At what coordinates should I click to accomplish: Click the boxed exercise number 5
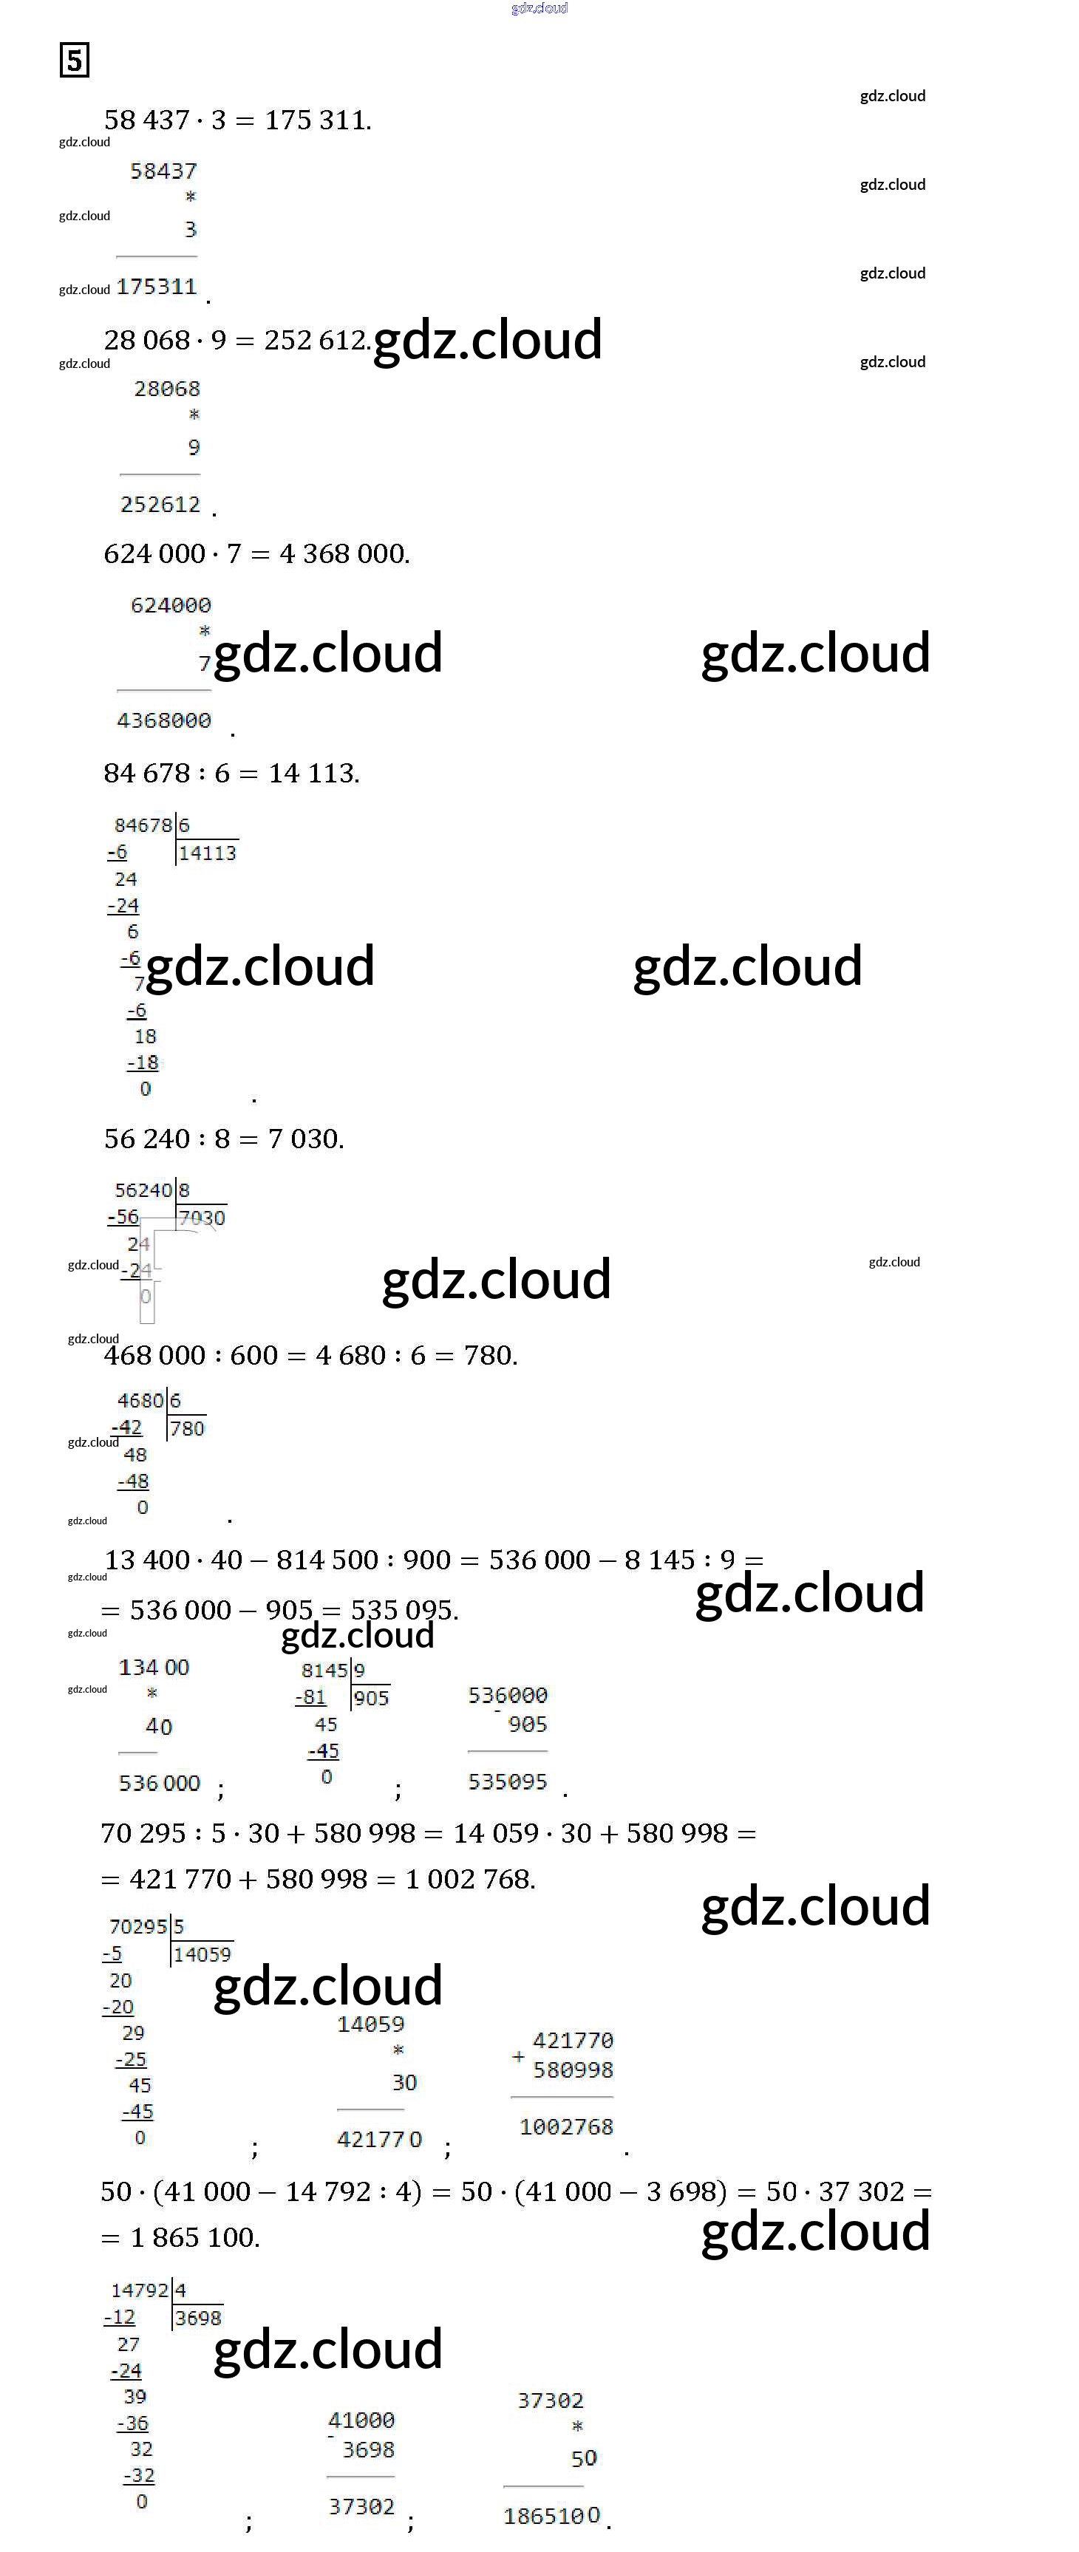(75, 61)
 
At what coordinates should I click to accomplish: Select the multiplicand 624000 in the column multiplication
(171, 605)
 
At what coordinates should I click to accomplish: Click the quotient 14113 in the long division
(207, 853)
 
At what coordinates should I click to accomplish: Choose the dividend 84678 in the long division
(143, 825)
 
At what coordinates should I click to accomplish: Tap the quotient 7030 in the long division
(202, 1218)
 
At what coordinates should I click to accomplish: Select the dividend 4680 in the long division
(140, 1401)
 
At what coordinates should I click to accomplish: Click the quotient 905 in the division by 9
(372, 1698)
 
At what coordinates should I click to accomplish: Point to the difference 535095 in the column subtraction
(507, 1782)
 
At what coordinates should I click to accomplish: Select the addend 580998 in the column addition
(573, 2070)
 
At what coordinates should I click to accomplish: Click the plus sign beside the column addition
(518, 2057)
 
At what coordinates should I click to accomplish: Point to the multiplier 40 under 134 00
(159, 1727)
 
